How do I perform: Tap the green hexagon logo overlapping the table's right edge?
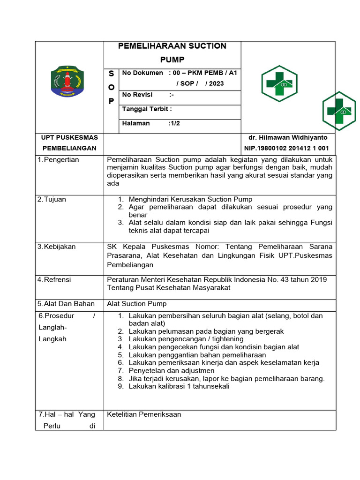[x=339, y=111]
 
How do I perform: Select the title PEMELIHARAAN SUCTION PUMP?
[x=172, y=52]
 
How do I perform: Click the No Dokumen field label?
[x=142, y=73]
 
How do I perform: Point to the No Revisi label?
[x=137, y=95]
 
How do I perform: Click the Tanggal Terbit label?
[x=147, y=109]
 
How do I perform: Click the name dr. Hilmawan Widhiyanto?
[x=288, y=138]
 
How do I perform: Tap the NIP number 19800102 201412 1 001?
[x=286, y=149]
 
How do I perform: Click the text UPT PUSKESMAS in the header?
[x=69, y=137]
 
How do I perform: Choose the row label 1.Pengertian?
[x=58, y=160]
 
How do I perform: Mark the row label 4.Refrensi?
[x=54, y=280]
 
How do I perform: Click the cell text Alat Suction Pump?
[x=137, y=304]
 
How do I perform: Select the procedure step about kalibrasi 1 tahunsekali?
[x=179, y=387]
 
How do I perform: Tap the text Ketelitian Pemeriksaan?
[x=144, y=414]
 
